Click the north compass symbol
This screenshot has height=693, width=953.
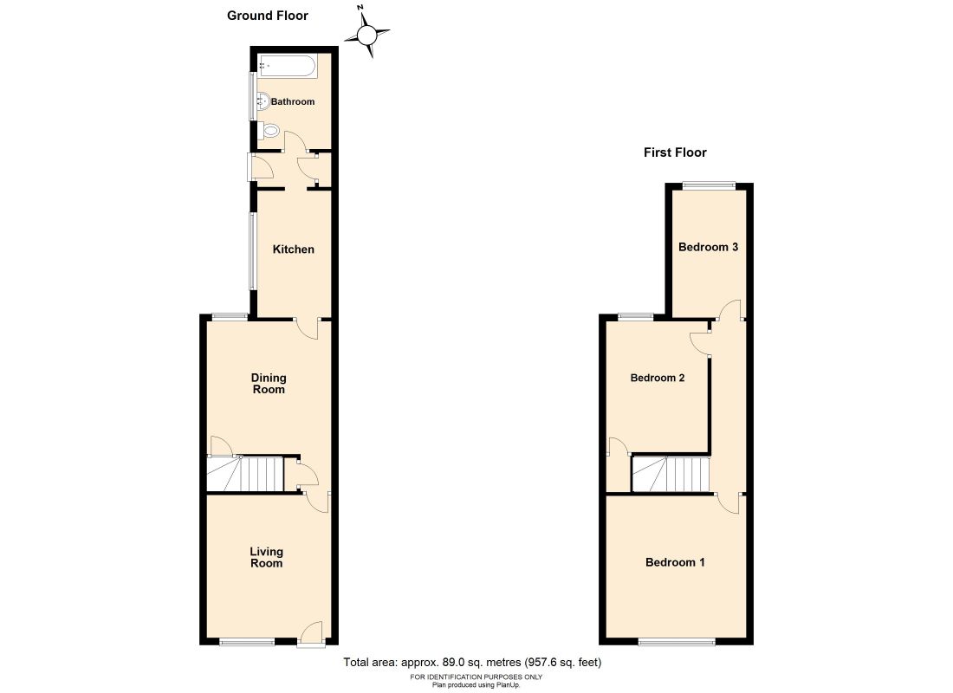(366, 35)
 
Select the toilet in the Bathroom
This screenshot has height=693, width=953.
(269, 132)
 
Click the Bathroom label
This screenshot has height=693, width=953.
(293, 101)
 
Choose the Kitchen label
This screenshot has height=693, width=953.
(294, 249)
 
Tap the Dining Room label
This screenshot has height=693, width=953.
(269, 384)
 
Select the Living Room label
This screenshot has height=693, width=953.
(266, 557)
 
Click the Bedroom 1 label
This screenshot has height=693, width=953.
(675, 562)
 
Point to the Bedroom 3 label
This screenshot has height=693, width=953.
(708, 247)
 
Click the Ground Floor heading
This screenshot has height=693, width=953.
(267, 16)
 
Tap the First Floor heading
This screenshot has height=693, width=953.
(675, 152)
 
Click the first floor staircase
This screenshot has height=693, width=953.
(671, 475)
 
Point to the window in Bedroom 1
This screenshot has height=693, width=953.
(677, 642)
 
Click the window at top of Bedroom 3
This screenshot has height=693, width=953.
(708, 185)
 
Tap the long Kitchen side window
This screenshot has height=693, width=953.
(253, 251)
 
